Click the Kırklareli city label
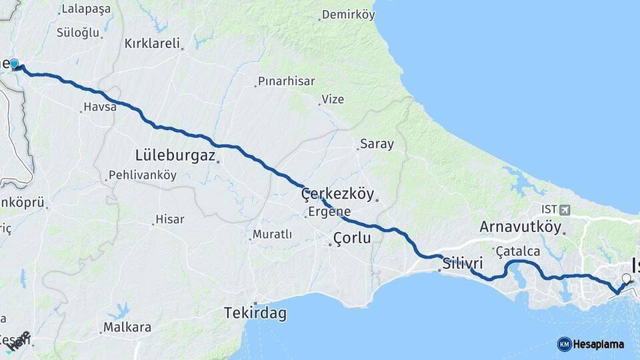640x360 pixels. pos(153,43)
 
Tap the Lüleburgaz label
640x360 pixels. pos(175,155)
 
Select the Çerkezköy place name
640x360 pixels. pos(337,193)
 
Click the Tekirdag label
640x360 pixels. pos(255,312)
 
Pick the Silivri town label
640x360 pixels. pos(463,262)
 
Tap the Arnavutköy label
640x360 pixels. pos(520,227)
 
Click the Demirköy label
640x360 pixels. pos(349,14)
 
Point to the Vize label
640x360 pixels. pos(333,99)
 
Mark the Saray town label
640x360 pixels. pos(377,144)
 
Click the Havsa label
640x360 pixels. pos(100,107)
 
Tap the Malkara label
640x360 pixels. pos(127,327)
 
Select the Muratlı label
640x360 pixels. pos(272,235)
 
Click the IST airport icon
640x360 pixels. pos(565,210)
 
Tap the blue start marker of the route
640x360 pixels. pos(15,64)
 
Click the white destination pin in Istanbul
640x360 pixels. pos(626,279)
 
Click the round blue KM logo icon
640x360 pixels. pos(564,344)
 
